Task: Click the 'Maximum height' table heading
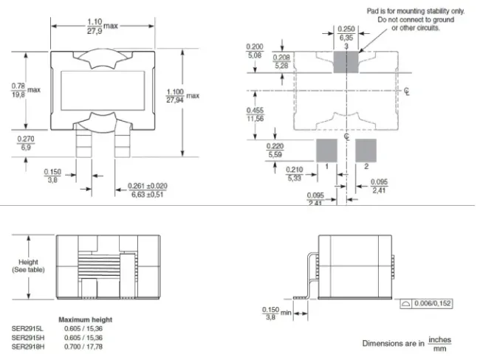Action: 86,319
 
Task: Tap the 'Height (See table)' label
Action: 28,267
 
